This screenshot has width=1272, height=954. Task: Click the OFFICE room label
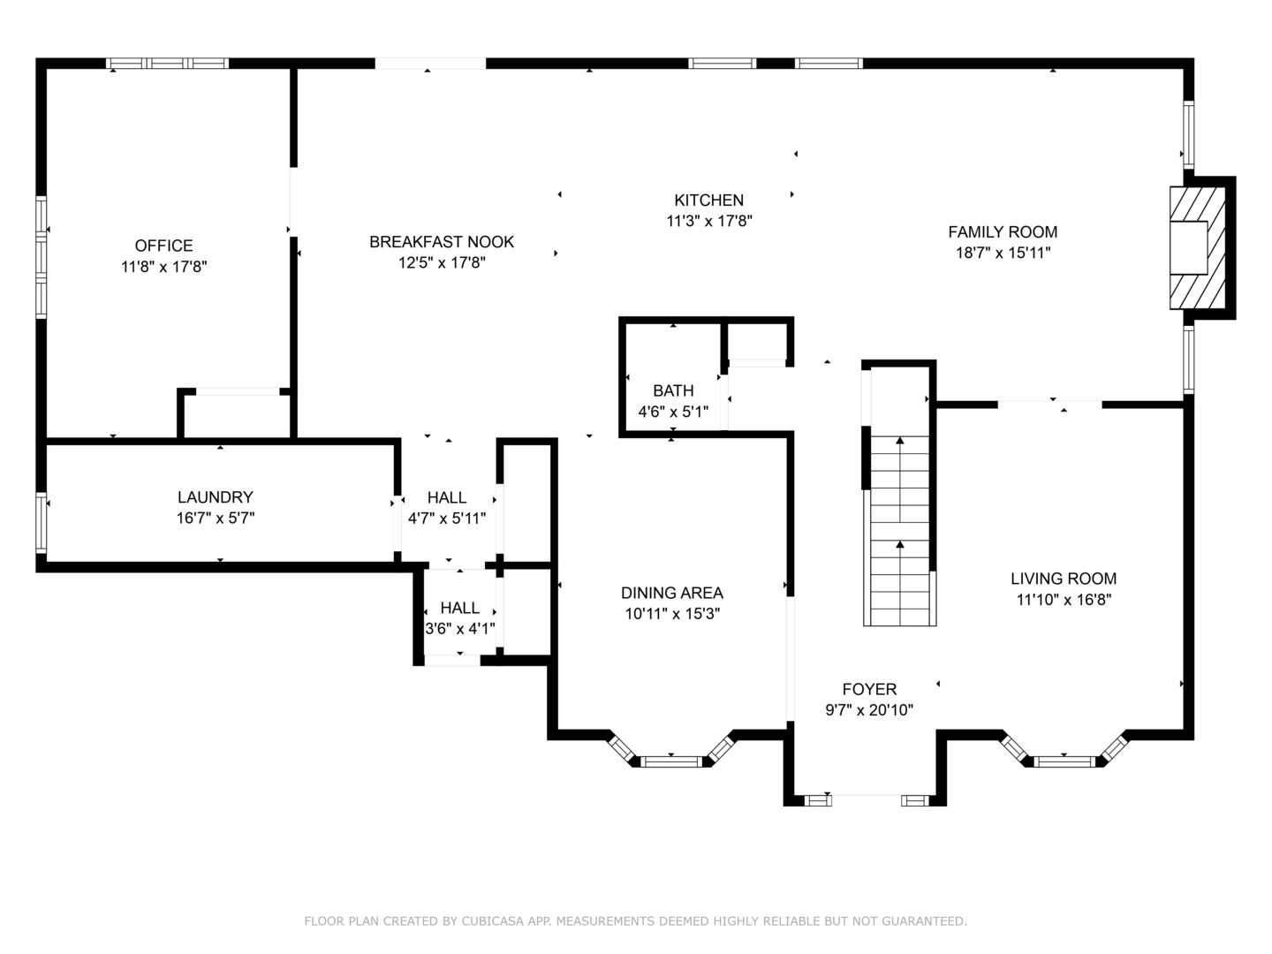pos(163,246)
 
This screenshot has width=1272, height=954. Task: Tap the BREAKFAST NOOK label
pos(442,241)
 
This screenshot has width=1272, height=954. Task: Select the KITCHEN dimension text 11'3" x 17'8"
pos(708,221)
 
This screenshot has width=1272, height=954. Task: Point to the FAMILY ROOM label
pos(1003,231)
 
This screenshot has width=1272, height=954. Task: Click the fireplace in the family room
pos(1197,248)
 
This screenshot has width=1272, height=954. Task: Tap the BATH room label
pos(673,390)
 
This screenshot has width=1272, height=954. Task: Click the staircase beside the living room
pos(899,530)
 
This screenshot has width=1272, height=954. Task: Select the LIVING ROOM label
pos(1064,578)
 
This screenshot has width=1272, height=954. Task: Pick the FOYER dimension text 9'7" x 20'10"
pos(869,709)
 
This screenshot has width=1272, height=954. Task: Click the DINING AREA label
pos(671,593)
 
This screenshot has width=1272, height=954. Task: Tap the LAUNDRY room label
pos(215,497)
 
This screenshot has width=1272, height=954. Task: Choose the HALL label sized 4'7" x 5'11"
pos(446,497)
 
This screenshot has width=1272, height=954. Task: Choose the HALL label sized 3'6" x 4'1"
pos(459,608)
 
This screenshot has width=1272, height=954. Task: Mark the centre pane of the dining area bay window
pos(671,761)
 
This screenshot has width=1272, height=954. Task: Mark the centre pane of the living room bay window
pos(1064,761)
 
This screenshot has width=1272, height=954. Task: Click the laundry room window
pos(42,522)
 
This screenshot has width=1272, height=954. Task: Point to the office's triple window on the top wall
pos(168,63)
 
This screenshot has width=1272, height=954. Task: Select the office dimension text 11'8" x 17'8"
pos(163,267)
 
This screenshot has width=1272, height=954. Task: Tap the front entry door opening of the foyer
pos(867,800)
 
